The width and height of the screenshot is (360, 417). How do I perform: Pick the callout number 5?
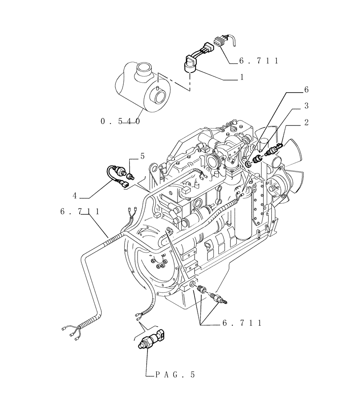click(x=142, y=156)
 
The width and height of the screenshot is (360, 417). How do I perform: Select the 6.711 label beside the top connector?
click(x=258, y=61)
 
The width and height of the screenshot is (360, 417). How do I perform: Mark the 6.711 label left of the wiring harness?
click(x=80, y=212)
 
